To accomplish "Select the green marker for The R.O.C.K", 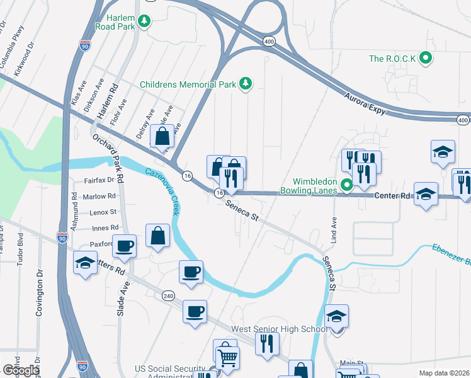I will (x=426, y=59).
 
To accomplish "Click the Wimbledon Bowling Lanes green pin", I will (x=346, y=185).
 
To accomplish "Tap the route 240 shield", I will (x=167, y=295).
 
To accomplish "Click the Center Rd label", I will (x=392, y=196).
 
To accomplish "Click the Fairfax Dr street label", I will (x=99, y=180).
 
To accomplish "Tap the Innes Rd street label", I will (x=105, y=227).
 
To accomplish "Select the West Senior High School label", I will (x=279, y=329).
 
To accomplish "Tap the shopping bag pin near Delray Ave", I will (x=162, y=136).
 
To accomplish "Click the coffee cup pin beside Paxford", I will (x=125, y=246).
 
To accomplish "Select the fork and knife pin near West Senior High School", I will (x=267, y=344).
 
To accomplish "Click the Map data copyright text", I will (x=445, y=373).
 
